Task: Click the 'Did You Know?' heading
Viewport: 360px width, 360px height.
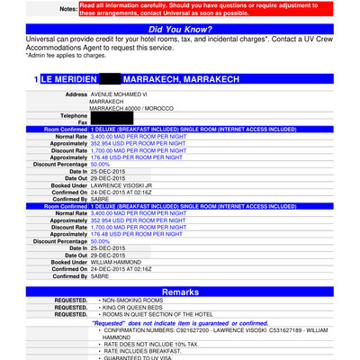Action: click(180, 31)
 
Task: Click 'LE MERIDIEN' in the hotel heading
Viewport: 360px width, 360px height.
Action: click(68, 80)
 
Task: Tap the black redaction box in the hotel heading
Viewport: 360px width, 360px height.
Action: click(114, 80)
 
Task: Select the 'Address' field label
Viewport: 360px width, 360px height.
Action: click(72, 94)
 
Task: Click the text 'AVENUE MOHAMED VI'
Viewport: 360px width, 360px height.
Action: click(123, 94)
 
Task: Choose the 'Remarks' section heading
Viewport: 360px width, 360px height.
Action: click(180, 292)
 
